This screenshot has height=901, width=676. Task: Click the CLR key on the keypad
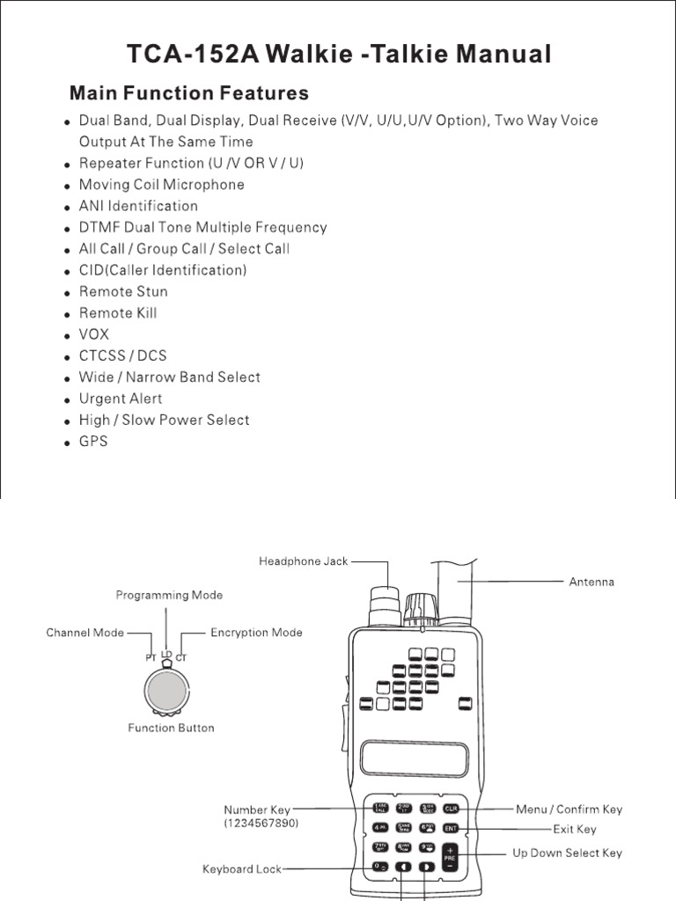[x=451, y=809]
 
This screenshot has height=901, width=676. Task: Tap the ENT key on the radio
[x=451, y=828]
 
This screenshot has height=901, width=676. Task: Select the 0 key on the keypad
[x=380, y=868]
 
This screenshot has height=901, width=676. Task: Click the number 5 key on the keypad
[x=404, y=828]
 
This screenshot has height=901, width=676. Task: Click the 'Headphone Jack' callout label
[x=304, y=561]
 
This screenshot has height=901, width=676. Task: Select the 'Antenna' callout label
[x=591, y=582]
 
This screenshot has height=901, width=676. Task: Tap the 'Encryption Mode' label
[x=256, y=632]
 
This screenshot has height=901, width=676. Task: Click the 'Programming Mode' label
[x=169, y=595]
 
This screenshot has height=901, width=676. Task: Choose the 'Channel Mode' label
[x=85, y=632]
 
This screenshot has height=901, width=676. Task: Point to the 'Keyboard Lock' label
[x=242, y=869]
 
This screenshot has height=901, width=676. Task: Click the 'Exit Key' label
[x=574, y=829]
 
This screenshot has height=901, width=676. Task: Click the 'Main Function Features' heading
[x=188, y=93]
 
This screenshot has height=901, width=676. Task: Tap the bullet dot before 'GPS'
[x=68, y=443]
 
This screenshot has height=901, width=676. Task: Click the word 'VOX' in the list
[x=94, y=334]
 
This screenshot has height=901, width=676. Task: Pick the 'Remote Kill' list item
[x=118, y=312]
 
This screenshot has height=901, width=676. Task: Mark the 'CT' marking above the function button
[x=182, y=657]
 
